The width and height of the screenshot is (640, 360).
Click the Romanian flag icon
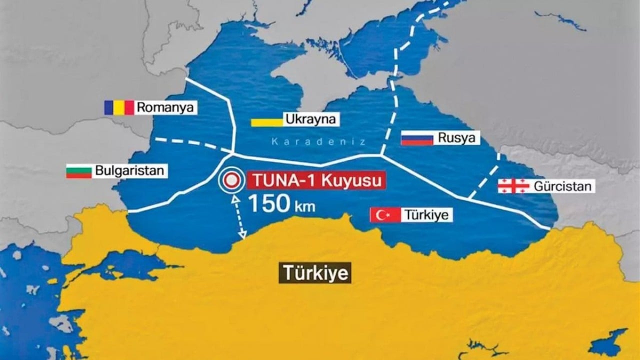pyautogui.click(x=119, y=107)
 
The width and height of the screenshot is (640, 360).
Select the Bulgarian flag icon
pyautogui.click(x=79, y=170)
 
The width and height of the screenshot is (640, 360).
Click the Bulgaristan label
pyautogui.click(x=129, y=170)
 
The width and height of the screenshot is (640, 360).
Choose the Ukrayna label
pyautogui.click(x=310, y=119)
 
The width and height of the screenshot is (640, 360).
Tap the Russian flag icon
pyautogui.click(x=417, y=137)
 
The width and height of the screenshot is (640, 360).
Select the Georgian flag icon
pyautogui.click(x=513, y=186)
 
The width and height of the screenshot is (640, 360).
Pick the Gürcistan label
pyautogui.click(x=562, y=186)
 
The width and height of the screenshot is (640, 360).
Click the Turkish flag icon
pyautogui.click(x=385, y=215)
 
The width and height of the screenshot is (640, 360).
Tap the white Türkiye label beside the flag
pyautogui.click(x=428, y=215)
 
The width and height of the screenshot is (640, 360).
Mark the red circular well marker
pyautogui.click(x=231, y=180)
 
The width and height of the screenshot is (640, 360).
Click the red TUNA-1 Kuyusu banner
pyautogui.click(x=316, y=180)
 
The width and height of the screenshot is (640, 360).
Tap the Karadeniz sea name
pyautogui.click(x=318, y=142)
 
